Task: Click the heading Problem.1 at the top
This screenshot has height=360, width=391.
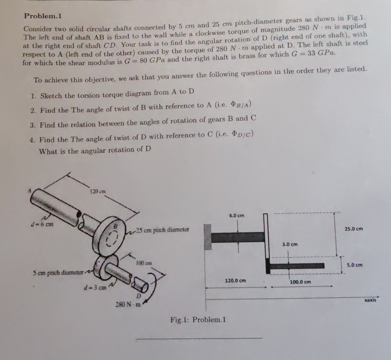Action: [x=43, y=16]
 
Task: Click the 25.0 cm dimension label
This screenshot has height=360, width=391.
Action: [x=353, y=229]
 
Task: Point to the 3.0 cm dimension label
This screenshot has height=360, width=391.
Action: [x=290, y=244]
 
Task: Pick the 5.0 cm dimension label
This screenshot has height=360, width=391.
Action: [x=355, y=265]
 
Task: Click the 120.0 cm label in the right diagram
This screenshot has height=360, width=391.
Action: [x=236, y=280]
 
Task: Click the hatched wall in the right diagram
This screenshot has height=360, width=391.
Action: [x=207, y=237]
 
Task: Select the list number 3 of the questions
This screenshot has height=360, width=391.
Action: [x=33, y=124]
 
